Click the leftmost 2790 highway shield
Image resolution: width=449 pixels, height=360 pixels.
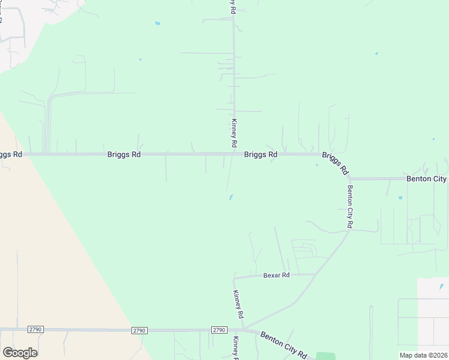coord(35,329)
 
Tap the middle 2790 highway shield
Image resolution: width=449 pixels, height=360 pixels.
coord(140,330)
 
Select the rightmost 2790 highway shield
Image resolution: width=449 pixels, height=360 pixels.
coord(218,330)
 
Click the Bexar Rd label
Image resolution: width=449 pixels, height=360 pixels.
coord(276,275)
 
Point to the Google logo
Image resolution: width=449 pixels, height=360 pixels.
coord(20,353)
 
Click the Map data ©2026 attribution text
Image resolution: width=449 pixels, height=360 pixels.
coord(423,355)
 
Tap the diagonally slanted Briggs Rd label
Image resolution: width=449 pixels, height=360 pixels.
coord(335,163)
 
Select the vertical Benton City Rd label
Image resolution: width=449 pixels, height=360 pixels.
coord(349,206)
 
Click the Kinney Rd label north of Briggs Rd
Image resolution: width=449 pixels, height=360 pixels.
coord(234,133)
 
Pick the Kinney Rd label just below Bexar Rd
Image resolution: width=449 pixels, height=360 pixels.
coord(238,305)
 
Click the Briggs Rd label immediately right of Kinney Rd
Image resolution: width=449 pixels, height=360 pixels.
coord(261,154)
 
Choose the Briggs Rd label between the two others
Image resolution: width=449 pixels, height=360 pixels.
coord(124,154)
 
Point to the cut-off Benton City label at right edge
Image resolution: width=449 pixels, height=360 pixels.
coord(427,179)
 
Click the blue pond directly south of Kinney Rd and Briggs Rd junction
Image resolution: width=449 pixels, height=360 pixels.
coord(231,197)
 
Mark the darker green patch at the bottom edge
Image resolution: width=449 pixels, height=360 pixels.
coord(325,356)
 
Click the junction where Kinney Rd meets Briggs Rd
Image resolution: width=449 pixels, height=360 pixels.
coord(234,154)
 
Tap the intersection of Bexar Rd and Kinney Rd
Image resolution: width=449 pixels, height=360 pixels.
coord(234,278)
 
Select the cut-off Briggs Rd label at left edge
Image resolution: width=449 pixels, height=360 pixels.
coord(11,154)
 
